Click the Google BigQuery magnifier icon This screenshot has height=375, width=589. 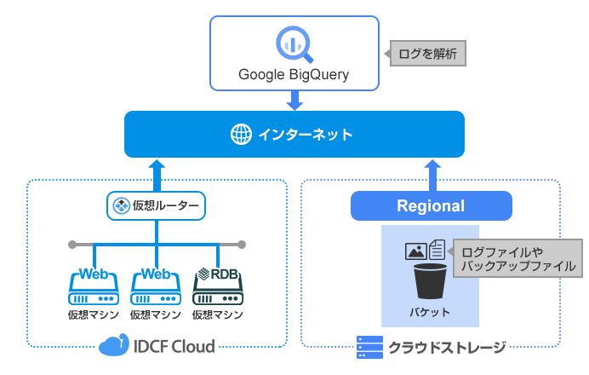[294, 43]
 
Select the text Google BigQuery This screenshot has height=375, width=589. [294, 75]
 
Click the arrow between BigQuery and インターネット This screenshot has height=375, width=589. [294, 100]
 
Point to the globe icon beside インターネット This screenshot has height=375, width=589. [241, 135]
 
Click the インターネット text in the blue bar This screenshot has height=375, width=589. [305, 135]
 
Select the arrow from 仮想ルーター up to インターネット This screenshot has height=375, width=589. [157, 174]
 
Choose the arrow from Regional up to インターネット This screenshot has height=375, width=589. [432, 174]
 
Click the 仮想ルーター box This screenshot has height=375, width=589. [157, 205]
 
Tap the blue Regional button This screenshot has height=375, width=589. [432, 205]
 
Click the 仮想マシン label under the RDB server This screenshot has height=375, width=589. [219, 314]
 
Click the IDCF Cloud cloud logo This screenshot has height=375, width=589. [114, 346]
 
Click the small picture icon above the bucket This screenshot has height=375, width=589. [415, 251]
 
